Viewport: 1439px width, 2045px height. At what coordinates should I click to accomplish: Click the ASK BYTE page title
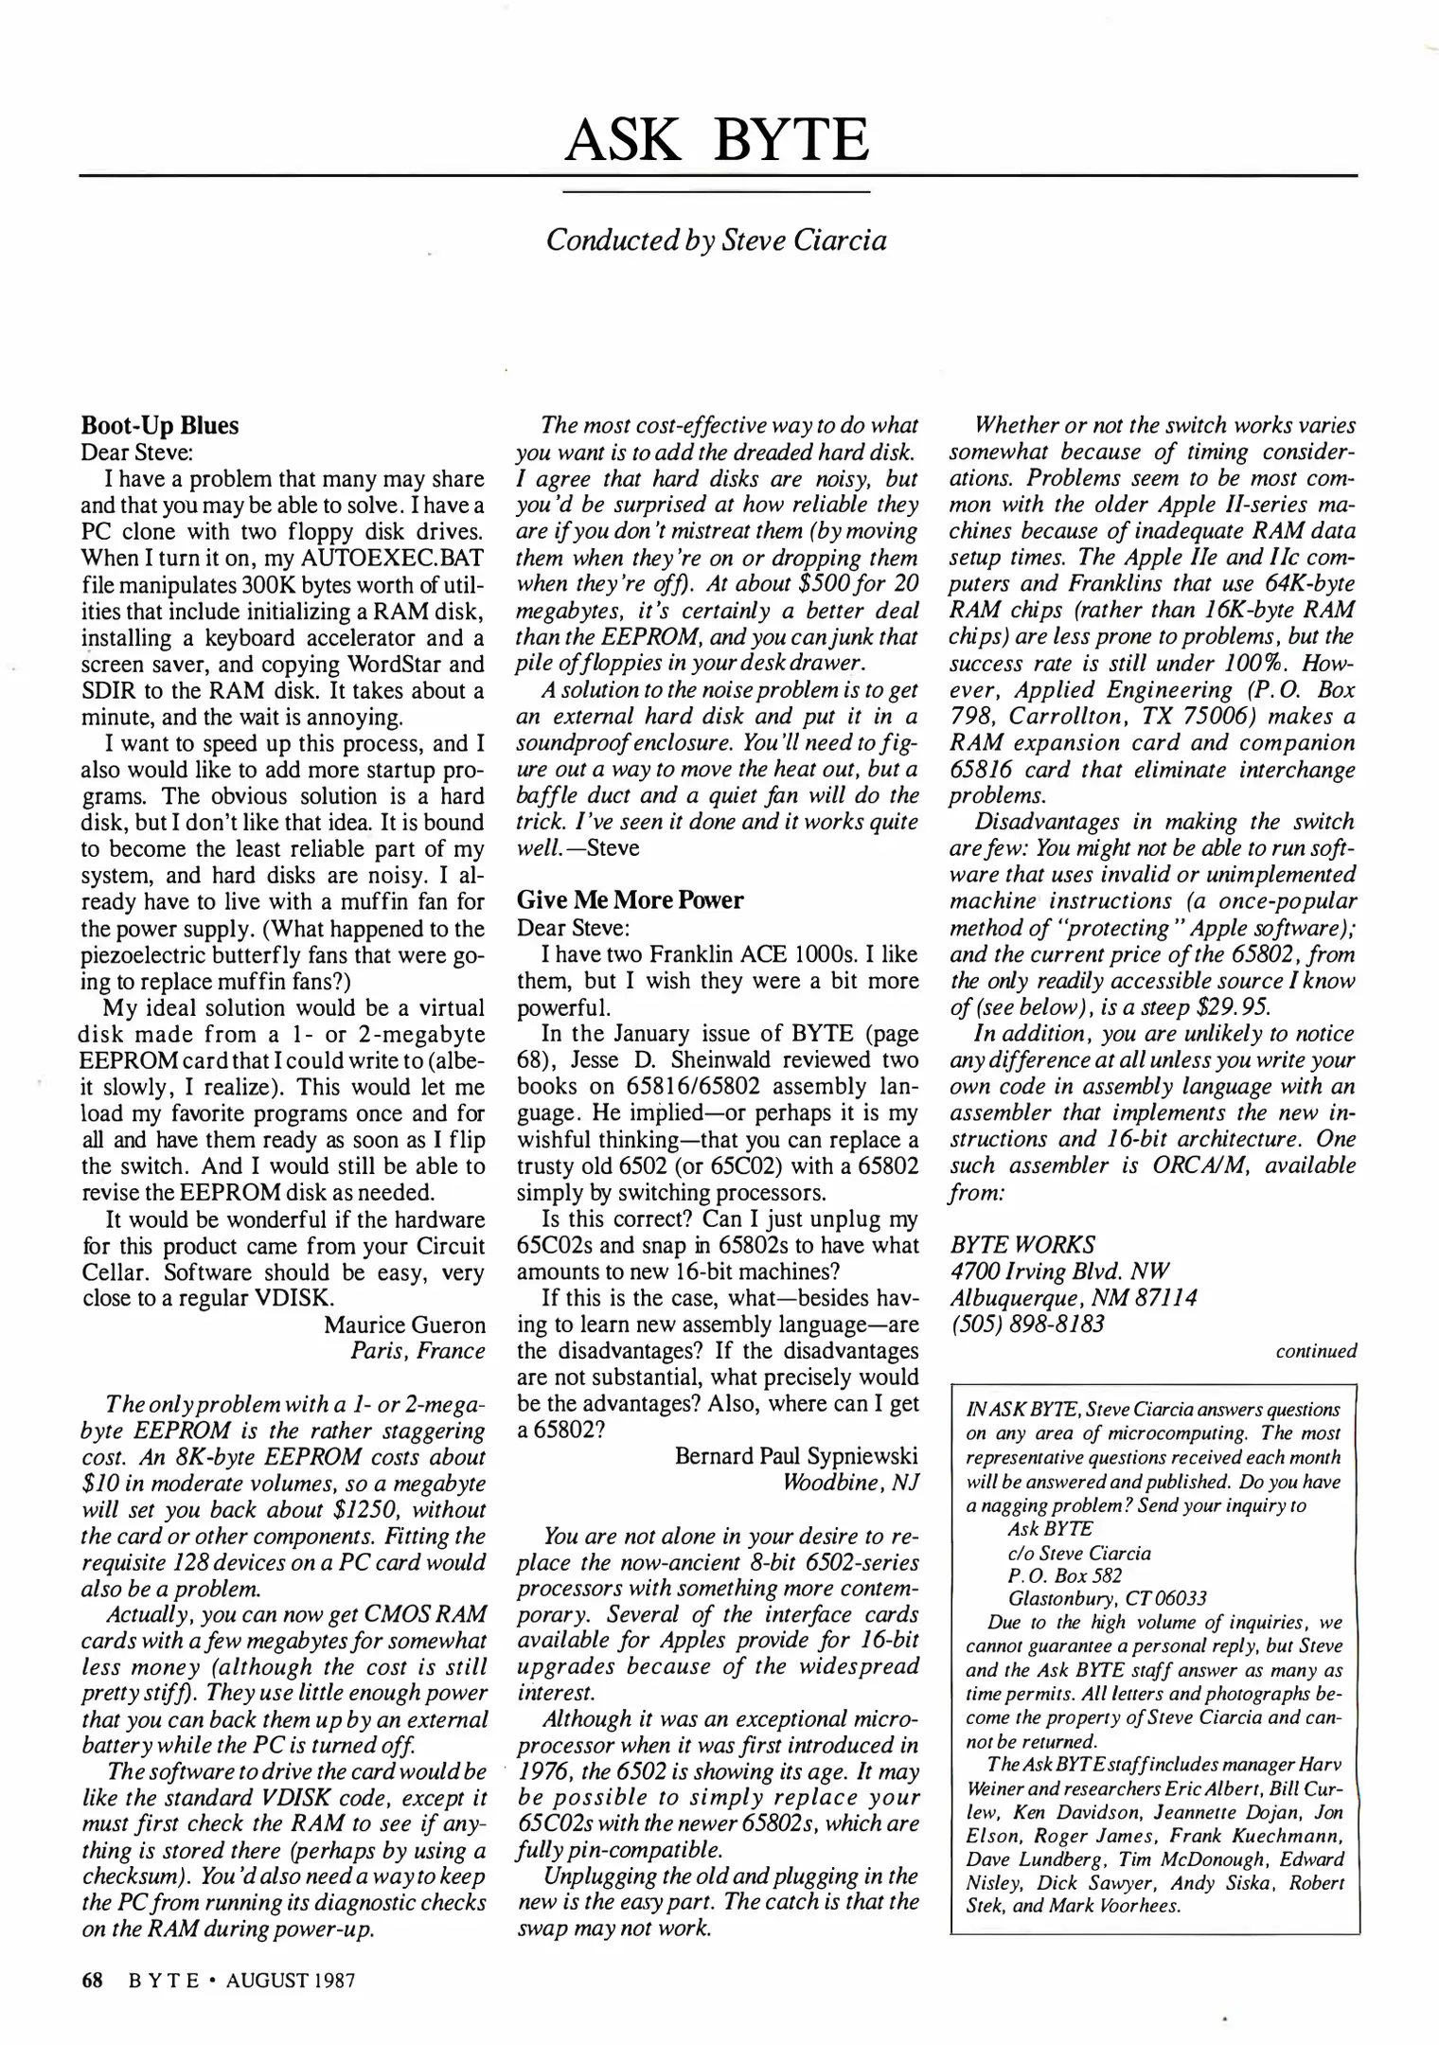pos(717,140)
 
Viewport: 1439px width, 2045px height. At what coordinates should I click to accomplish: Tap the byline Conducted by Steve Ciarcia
pos(717,240)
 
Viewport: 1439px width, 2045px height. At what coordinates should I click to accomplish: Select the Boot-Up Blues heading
pos(160,426)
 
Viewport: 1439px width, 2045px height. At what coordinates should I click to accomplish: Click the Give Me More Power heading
pos(630,900)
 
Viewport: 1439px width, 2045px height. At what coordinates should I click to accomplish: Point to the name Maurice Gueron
pos(404,1325)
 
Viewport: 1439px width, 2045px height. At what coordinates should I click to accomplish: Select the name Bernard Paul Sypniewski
pos(796,1457)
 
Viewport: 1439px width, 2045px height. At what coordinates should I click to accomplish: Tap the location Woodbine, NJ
pos(850,1483)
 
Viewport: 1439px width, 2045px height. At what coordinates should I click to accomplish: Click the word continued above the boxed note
pos(1316,1352)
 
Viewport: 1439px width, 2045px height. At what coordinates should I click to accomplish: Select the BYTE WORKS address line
pos(1022,1245)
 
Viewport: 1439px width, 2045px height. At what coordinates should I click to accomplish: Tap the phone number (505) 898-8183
pos(1026,1325)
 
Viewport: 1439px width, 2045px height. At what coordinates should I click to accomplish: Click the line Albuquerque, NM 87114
pos(1073,1298)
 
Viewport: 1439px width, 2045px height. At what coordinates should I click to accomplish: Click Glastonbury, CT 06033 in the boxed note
pos(1107,1599)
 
